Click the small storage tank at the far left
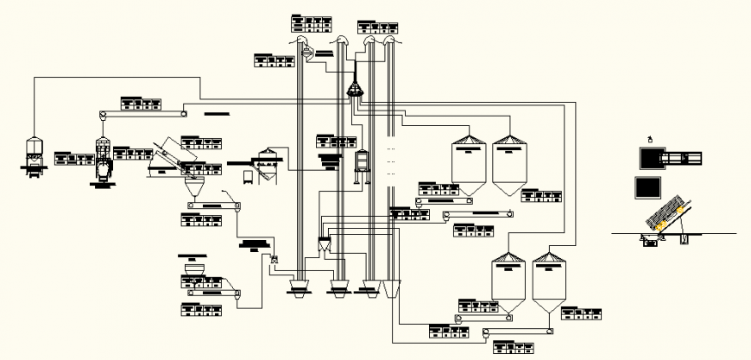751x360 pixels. [x=34, y=155]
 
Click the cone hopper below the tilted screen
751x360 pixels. [x=194, y=185]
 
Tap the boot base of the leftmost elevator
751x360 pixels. [x=299, y=287]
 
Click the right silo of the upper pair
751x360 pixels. [x=508, y=164]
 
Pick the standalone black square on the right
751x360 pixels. [x=647, y=187]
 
